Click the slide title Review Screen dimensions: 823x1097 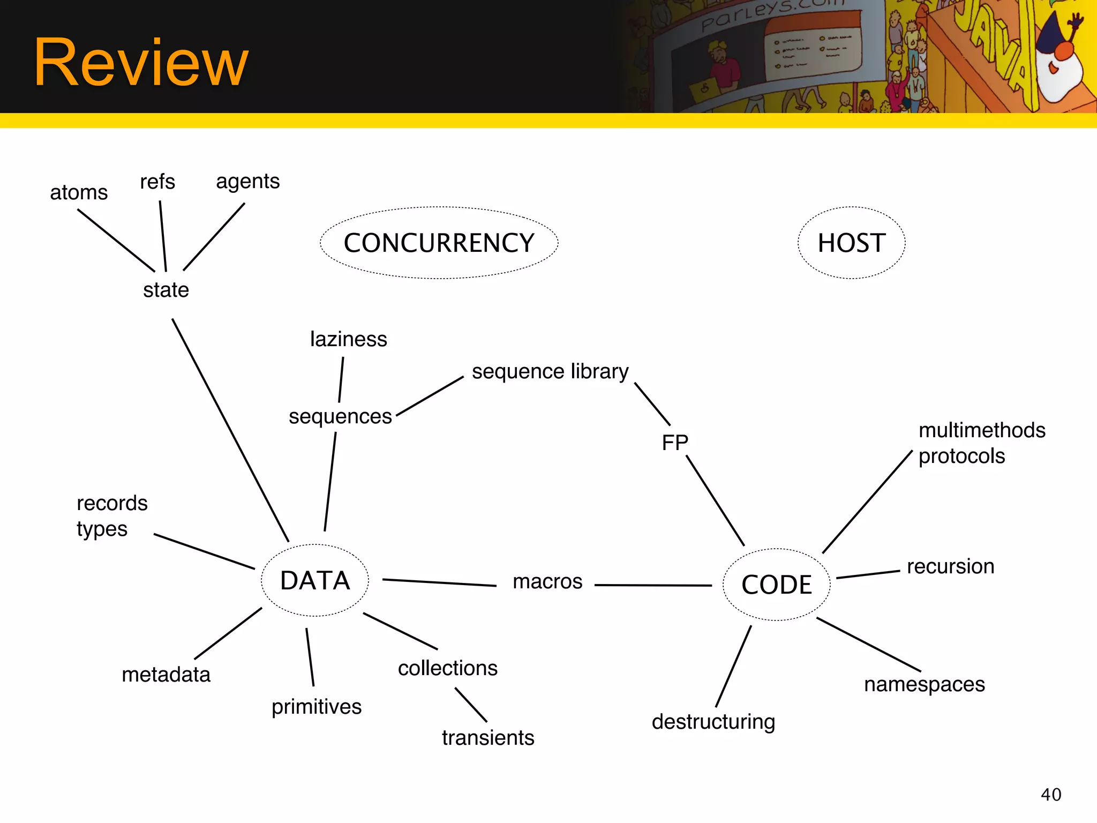pos(141,63)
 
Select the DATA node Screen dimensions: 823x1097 pos(315,581)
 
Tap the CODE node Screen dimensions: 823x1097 pos(777,585)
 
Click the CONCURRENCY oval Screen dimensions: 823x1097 pos(439,243)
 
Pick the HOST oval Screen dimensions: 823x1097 pos(851,243)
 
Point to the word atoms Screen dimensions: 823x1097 pos(79,192)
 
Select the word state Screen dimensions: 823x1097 pos(166,290)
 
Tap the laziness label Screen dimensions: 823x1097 pos(348,339)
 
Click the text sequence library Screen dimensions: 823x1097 pos(550,371)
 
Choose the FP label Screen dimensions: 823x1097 pos(675,443)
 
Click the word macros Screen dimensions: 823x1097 pos(547,581)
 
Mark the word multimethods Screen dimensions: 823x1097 pos(982,430)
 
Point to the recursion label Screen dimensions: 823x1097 pos(950,566)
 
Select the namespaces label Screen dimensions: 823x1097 pos(925,685)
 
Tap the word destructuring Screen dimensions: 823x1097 pos(713,722)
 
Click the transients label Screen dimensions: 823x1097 pos(488,738)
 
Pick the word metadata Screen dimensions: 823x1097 pos(166,675)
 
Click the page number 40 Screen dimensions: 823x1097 pos(1051,795)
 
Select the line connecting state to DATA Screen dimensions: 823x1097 pos(230,430)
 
